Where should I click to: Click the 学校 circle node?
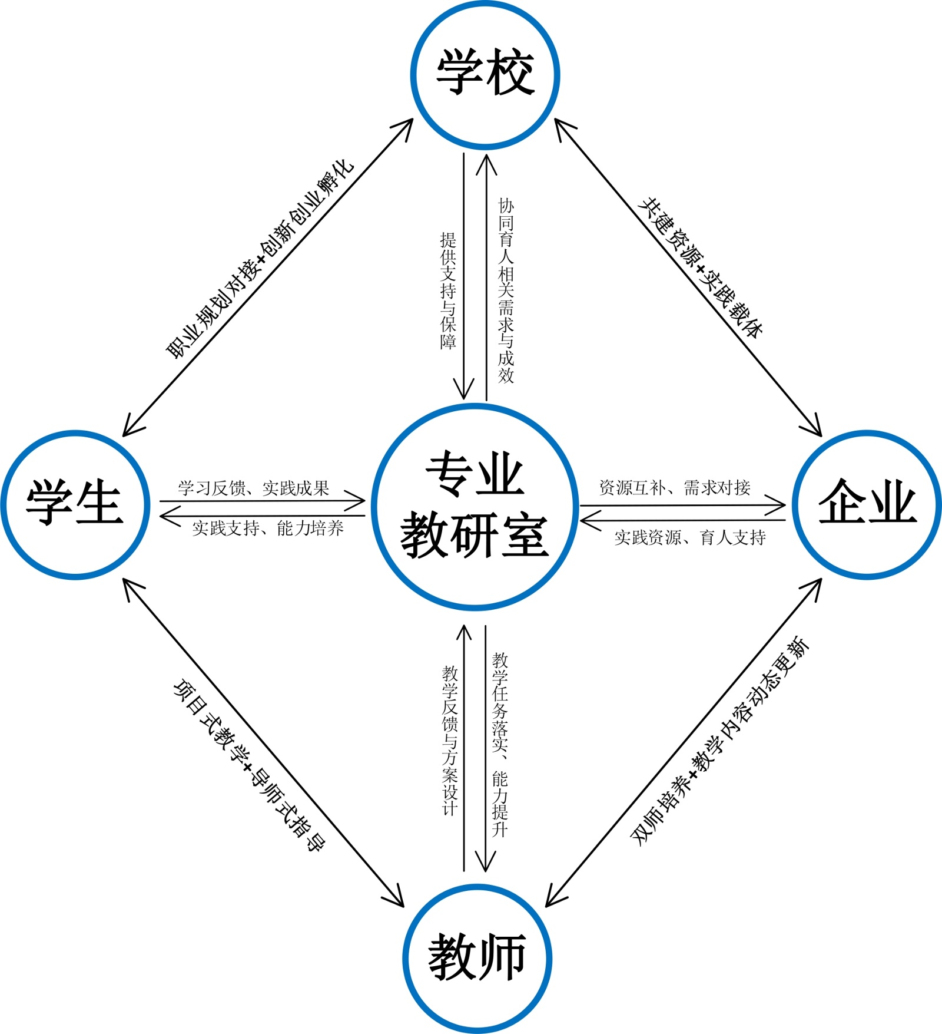[x=485, y=74]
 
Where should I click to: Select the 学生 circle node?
[x=75, y=504]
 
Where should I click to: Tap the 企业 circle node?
[x=867, y=504]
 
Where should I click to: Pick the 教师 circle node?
[x=477, y=958]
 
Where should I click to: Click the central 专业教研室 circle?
[x=475, y=506]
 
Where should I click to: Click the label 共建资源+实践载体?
[x=701, y=268]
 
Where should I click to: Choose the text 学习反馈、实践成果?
[x=254, y=488]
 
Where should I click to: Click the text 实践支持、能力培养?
[x=268, y=528]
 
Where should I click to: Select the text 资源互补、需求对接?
[x=675, y=487]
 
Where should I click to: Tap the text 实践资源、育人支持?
[x=690, y=537]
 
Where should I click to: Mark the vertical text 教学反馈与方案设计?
[x=450, y=740]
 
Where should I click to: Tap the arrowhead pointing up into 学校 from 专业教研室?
[x=486, y=161]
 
